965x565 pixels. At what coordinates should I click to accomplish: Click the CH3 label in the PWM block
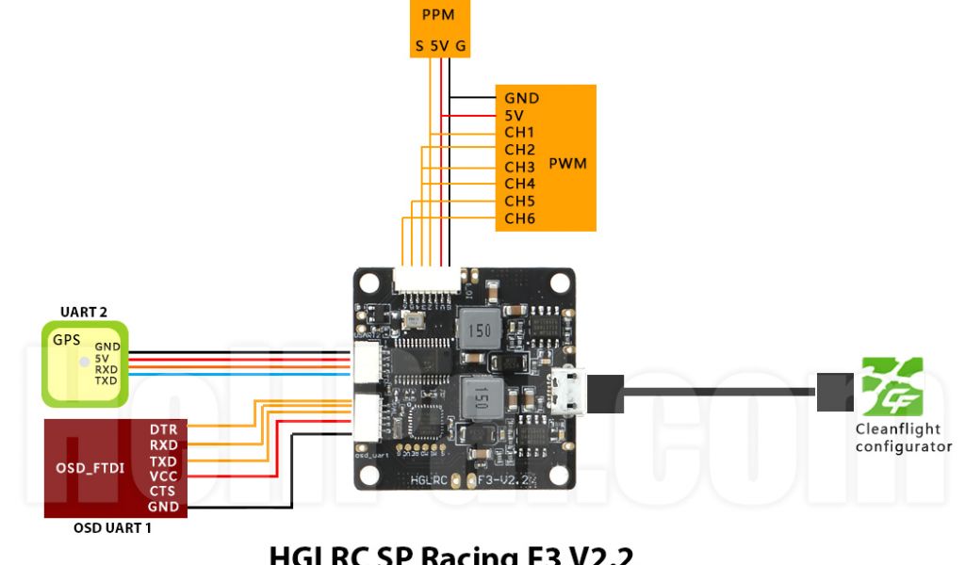coord(519,167)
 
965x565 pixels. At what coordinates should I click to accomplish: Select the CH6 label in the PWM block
coord(519,218)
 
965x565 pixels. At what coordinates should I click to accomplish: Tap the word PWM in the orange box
coord(567,164)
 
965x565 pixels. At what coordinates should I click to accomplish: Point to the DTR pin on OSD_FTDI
coord(163,429)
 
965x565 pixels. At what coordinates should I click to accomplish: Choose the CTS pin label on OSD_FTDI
coord(162,492)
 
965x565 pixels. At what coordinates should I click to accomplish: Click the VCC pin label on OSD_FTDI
coord(162,476)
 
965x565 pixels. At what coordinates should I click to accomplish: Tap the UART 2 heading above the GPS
coord(83,313)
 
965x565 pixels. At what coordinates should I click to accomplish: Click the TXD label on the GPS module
coord(106,380)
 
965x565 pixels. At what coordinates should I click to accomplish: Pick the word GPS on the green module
coord(65,340)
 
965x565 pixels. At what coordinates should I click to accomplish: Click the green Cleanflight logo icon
coord(892,386)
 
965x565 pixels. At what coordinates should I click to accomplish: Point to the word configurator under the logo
coord(903,446)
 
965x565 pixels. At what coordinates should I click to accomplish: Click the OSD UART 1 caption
coord(112,528)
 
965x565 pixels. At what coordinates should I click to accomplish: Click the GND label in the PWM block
coord(521,98)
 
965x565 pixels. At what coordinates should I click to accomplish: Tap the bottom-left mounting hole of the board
coord(369,475)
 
